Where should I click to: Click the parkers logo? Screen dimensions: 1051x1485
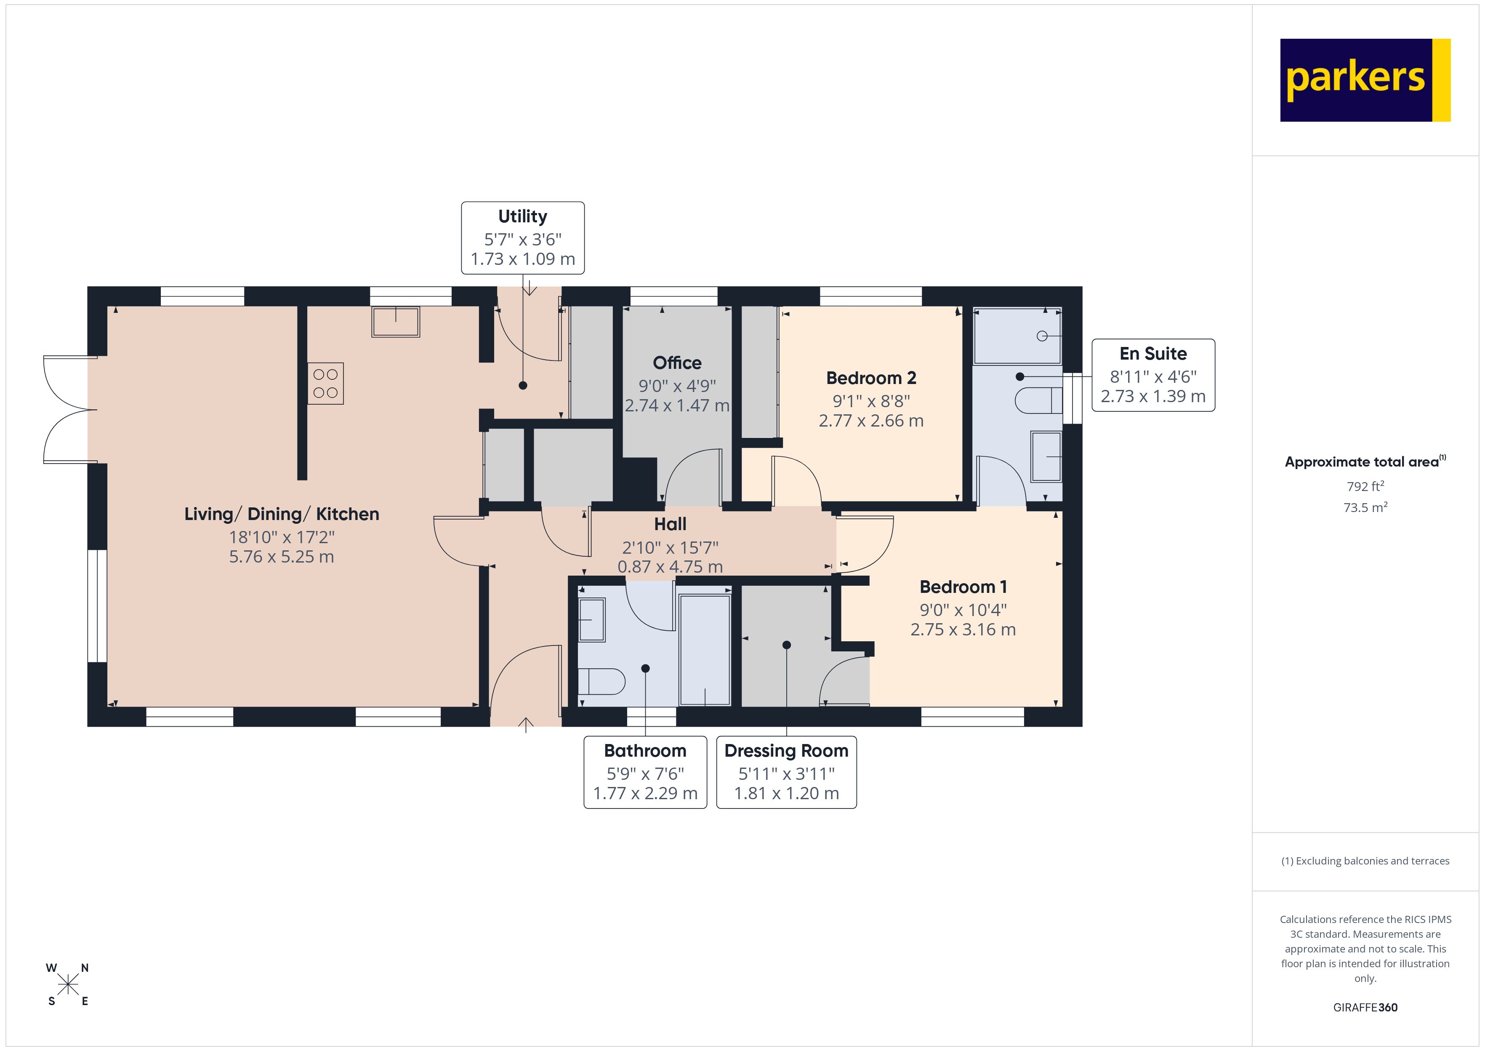click(x=1365, y=80)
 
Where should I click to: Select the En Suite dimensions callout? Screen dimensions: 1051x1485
click(x=1153, y=375)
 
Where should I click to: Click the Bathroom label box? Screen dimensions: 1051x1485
click(x=645, y=772)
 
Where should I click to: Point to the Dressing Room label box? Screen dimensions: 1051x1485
click(x=786, y=772)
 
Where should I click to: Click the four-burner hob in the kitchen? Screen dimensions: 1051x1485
click(x=325, y=383)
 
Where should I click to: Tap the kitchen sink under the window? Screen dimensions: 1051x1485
click(x=395, y=322)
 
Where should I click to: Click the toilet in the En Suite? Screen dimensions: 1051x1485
click(x=1038, y=400)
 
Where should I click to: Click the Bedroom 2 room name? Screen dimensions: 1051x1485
click(x=871, y=378)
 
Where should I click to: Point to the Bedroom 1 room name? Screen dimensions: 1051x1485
click(x=963, y=587)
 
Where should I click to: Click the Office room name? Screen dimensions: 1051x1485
click(x=676, y=363)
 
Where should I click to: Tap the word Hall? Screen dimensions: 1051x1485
click(x=670, y=524)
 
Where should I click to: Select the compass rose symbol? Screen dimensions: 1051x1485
click(x=68, y=985)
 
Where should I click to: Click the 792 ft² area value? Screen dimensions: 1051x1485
click(x=1365, y=486)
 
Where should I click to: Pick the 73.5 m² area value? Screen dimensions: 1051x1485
click(x=1365, y=507)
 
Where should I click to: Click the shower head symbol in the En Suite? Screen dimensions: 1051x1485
click(x=1042, y=336)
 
